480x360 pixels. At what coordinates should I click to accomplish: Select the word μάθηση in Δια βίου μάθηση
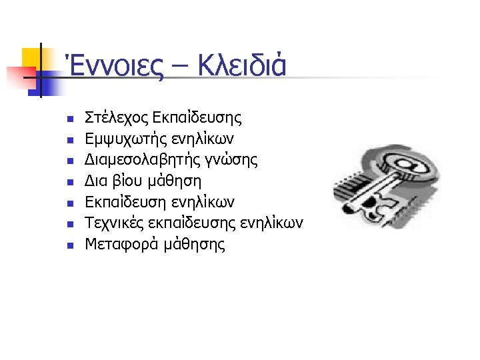177,181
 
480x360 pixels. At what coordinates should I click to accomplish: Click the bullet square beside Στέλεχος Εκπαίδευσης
69,120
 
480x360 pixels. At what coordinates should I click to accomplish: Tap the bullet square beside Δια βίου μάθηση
69,183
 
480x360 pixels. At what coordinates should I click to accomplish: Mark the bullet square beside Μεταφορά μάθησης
69,245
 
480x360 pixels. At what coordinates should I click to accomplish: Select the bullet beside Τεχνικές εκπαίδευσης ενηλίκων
69,225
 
